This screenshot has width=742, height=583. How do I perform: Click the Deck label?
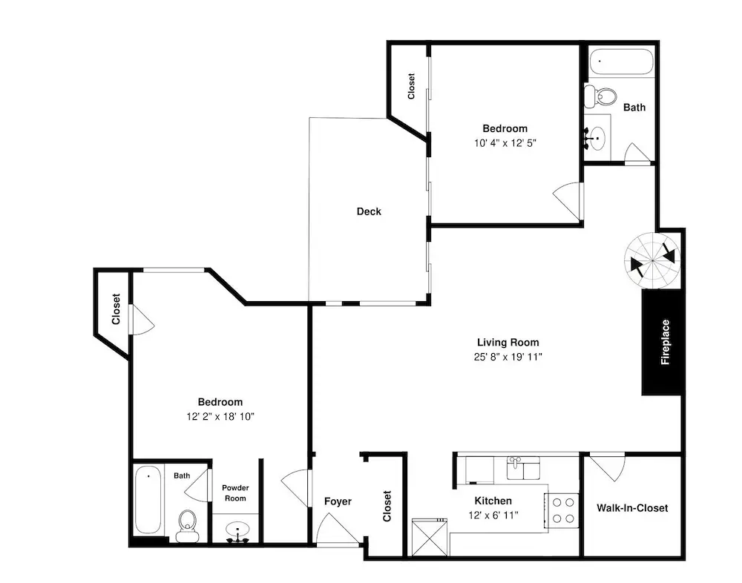(369, 211)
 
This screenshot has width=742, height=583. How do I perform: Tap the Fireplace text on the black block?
(666, 342)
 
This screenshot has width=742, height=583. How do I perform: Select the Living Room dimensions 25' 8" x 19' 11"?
(508, 357)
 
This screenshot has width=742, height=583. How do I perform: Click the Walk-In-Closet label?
(632, 508)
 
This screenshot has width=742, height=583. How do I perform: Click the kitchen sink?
(523, 468)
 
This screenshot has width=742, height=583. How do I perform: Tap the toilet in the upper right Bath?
(600, 96)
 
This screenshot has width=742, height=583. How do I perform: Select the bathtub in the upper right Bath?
(621, 62)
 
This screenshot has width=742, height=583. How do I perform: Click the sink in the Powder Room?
(237, 532)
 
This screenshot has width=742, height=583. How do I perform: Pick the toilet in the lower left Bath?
(188, 525)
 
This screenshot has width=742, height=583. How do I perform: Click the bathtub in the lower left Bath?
(148, 500)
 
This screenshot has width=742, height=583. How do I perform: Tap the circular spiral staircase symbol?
(652, 260)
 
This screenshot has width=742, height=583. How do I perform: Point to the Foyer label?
(338, 501)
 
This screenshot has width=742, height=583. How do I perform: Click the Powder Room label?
(235, 493)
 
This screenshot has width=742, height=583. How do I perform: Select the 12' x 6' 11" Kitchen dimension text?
(493, 515)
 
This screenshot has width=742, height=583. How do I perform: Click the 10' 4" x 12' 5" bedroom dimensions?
(505, 143)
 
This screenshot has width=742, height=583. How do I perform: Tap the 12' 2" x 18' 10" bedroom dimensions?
(220, 416)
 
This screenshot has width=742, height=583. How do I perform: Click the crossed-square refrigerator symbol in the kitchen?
(430, 538)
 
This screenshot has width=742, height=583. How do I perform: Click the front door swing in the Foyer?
(337, 530)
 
